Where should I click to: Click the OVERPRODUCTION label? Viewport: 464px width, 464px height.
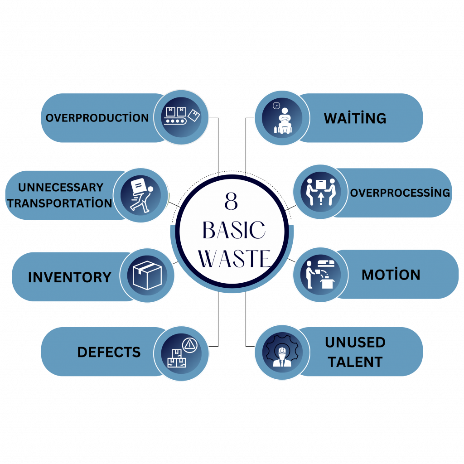(97, 118)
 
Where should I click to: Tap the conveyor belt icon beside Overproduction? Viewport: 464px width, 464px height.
(181, 117)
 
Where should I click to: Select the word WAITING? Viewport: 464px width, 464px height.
(355, 118)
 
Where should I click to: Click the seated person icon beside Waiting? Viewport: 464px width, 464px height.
(282, 118)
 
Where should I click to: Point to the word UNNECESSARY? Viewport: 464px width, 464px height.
(61, 187)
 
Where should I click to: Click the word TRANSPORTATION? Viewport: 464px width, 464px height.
(60, 203)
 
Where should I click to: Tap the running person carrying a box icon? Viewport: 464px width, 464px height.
(140, 195)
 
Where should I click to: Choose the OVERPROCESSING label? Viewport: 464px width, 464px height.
(400, 193)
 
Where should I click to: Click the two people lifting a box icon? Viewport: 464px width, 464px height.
(320, 192)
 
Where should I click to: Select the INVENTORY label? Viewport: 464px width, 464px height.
(69, 277)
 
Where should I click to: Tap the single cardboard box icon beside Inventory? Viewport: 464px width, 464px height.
(147, 275)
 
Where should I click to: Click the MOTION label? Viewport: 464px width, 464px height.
(391, 275)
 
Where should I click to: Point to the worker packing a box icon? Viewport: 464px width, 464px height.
(320, 275)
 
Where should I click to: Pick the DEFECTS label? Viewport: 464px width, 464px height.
(109, 352)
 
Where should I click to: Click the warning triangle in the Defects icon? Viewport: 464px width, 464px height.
(189, 345)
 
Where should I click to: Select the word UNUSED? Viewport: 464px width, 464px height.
(355, 343)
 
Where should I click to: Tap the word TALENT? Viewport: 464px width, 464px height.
(355, 362)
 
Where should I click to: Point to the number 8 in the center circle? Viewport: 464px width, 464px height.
(231, 202)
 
